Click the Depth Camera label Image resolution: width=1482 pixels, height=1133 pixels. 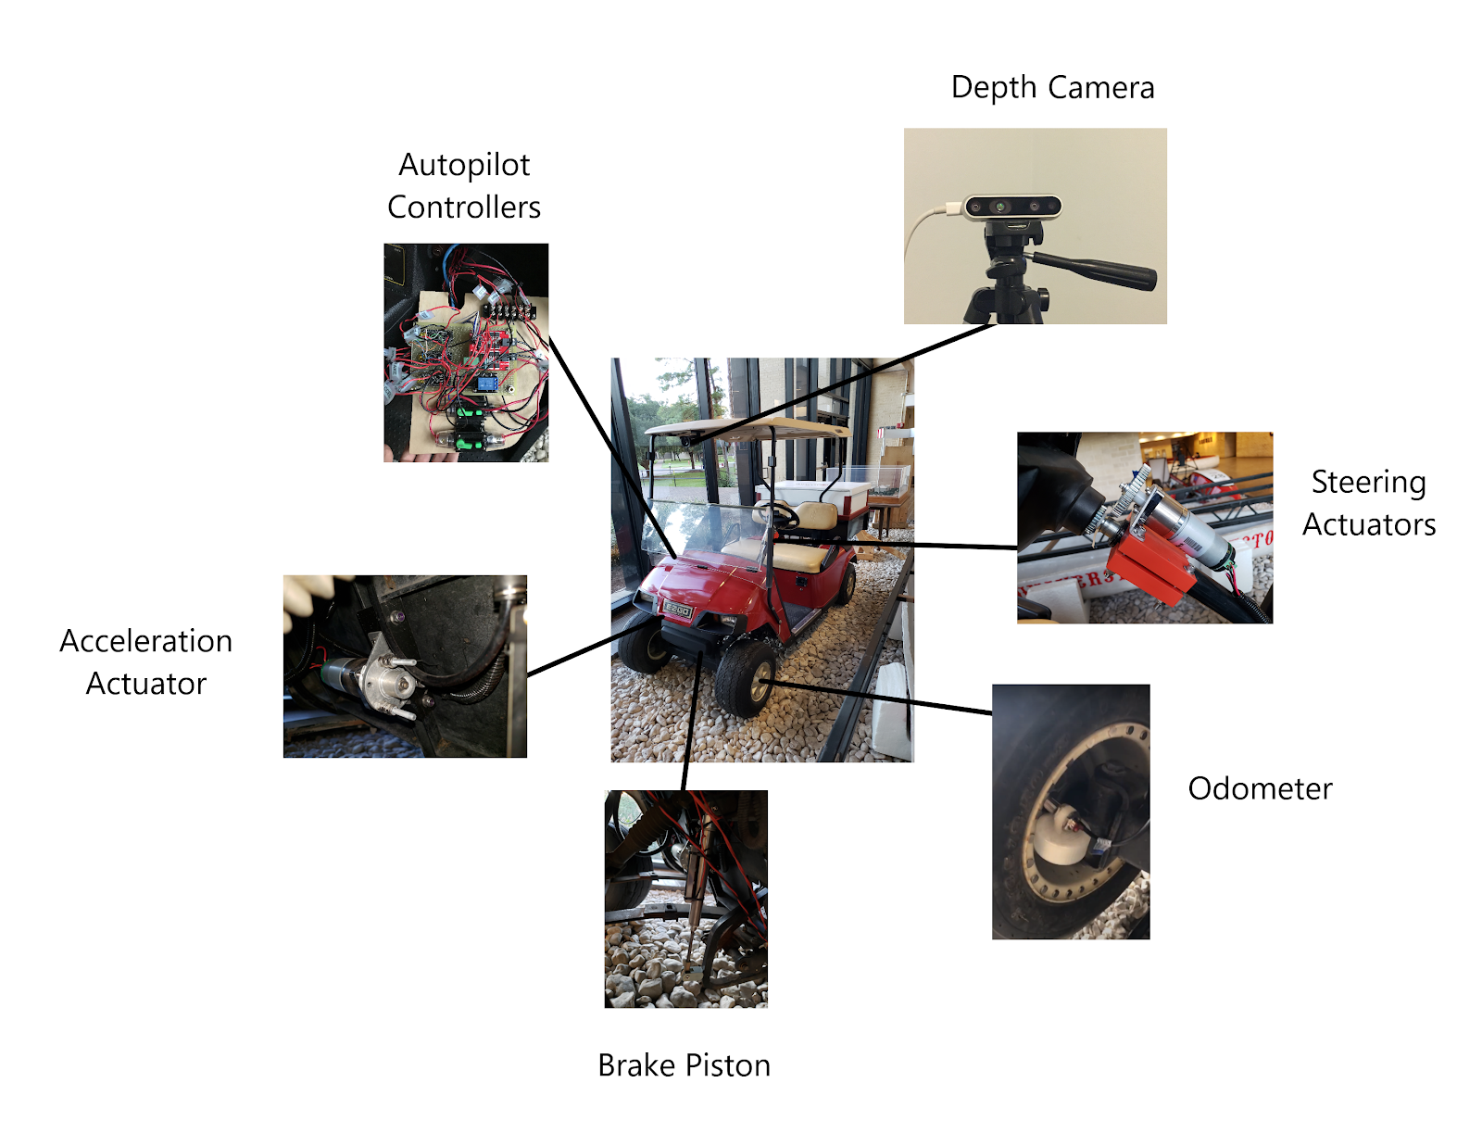[1052, 88]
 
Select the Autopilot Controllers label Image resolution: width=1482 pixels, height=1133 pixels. [464, 185]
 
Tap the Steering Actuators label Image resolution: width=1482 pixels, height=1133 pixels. [1368, 503]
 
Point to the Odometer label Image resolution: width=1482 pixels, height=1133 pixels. [1260, 788]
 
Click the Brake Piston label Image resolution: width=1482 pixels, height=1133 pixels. [684, 1065]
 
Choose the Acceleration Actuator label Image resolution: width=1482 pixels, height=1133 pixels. [145, 661]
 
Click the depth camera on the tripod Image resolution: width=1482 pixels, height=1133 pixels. [1012, 207]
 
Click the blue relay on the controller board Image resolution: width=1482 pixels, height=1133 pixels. [487, 384]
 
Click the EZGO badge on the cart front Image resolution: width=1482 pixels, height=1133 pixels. [677, 611]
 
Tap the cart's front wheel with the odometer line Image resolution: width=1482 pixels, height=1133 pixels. [746, 678]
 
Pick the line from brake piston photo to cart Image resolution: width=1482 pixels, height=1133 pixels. [692, 721]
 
